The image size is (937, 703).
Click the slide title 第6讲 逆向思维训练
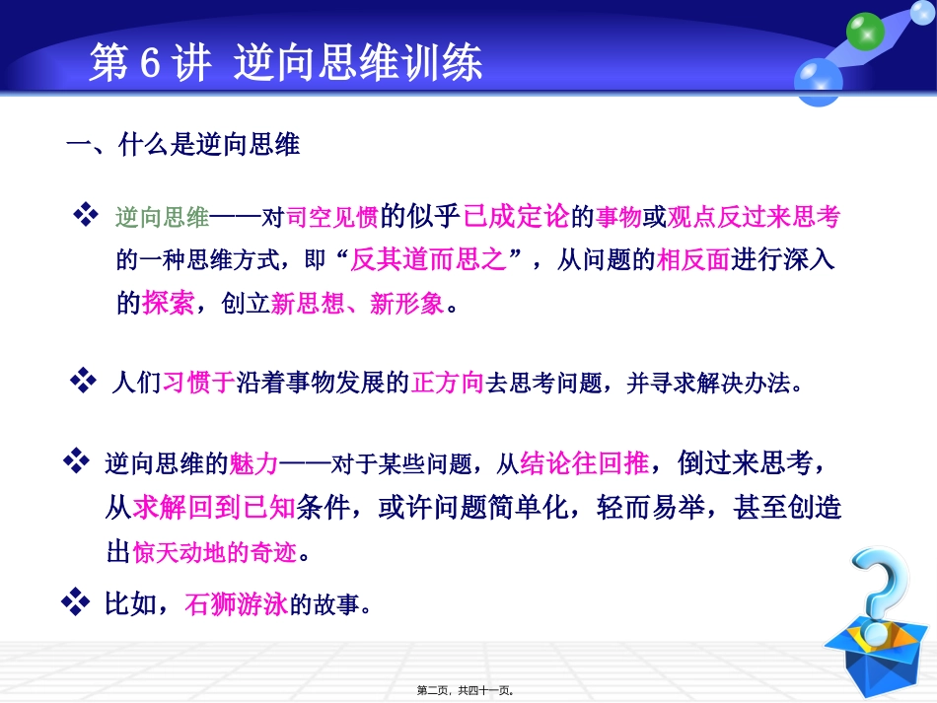point(285,63)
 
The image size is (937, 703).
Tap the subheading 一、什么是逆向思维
point(182,146)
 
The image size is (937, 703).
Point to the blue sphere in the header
point(818,79)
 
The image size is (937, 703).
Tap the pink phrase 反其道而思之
point(435,259)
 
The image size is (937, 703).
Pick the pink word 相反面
point(692,259)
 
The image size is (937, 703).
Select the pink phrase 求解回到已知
point(213,507)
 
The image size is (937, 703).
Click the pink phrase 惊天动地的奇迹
point(213,551)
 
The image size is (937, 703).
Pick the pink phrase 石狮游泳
point(236,603)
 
